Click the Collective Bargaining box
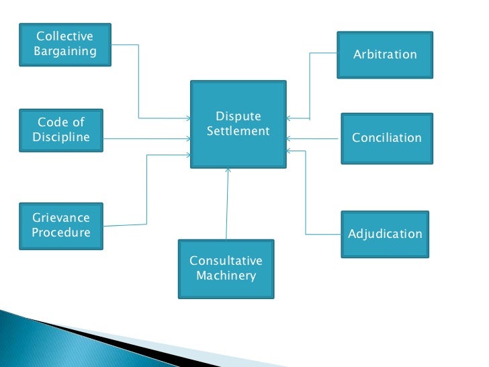(65, 44)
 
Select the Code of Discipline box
(61, 130)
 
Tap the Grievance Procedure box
(61, 226)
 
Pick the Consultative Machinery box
(226, 269)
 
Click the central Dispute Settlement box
(238, 124)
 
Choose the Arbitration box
(385, 54)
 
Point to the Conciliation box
(386, 138)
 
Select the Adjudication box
(385, 235)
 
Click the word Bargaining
(64, 51)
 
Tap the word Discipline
(61, 138)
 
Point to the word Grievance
(61, 218)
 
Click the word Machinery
(226, 276)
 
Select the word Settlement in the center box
(238, 131)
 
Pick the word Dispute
(238, 117)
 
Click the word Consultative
(226, 261)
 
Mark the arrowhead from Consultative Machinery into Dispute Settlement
(228, 172)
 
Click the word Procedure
(61, 233)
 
